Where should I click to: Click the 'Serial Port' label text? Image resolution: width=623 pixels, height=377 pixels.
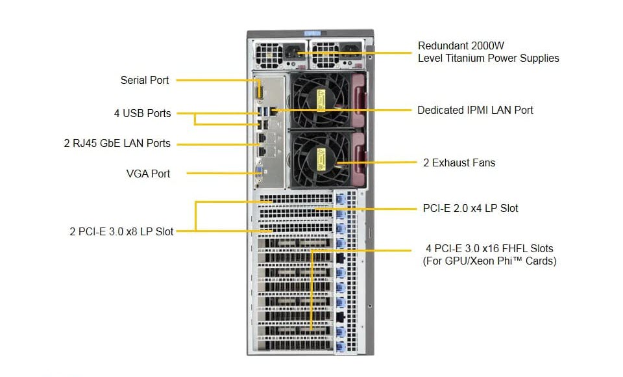point(144,81)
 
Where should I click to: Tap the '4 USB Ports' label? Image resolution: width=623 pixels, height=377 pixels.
point(142,113)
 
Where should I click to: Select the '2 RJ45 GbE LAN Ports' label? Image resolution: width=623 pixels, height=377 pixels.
point(117,144)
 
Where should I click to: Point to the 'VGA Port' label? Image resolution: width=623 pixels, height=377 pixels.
point(148,174)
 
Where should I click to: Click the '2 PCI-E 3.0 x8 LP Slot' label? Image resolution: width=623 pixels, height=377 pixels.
point(121,231)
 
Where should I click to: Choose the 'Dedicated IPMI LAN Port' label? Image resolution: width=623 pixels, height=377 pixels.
point(475,110)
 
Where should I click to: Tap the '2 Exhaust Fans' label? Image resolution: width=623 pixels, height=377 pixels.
point(459,162)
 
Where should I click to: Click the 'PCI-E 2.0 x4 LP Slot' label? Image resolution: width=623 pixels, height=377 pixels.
point(470,209)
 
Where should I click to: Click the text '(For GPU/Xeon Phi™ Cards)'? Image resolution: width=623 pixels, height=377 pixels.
point(489,261)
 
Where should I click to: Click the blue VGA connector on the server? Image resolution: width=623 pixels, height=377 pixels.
point(259,171)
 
